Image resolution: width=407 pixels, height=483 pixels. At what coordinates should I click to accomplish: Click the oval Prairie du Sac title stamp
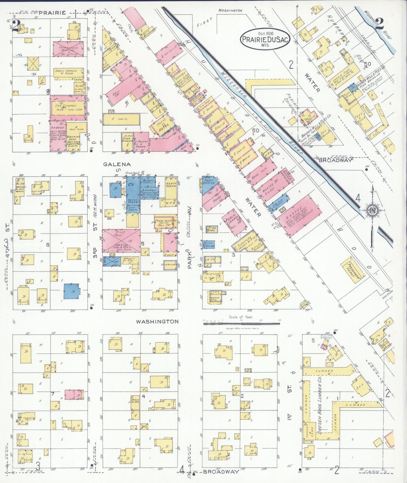coord(265,38)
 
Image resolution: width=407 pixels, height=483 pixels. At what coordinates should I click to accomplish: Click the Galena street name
coord(117,164)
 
